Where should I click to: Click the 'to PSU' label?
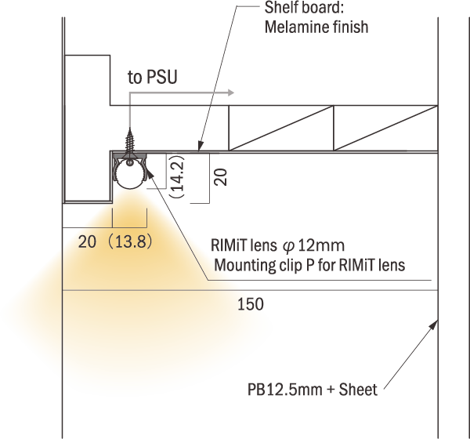153,77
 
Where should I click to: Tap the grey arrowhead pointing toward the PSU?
231,93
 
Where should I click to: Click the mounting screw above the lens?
130,143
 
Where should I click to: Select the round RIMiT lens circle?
130,175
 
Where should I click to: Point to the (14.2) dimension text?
177,176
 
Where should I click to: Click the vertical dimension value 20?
220,177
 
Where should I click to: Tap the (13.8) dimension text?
130,242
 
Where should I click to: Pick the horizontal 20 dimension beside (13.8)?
87,242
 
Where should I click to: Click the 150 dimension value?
251,304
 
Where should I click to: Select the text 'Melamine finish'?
316,27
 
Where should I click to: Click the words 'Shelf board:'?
304,8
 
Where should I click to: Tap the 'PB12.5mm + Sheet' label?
313,390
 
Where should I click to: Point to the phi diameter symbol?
288,246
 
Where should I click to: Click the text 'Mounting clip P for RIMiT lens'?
309,265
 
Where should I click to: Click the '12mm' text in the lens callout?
321,245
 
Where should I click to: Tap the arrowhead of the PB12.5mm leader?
434,325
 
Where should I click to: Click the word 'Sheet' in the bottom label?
358,390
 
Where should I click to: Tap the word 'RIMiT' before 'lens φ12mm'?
230,245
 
